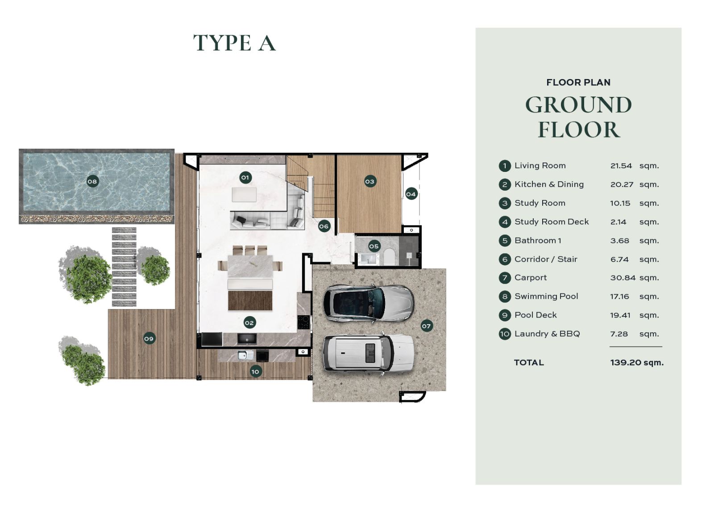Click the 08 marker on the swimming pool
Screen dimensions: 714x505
(92, 182)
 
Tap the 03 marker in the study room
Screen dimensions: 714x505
(370, 182)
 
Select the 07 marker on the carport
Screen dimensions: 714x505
(426, 326)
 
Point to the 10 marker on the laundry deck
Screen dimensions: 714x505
(255, 371)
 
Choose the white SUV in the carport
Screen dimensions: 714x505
(369, 355)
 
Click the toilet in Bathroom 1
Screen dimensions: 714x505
(389, 257)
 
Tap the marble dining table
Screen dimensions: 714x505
(250, 266)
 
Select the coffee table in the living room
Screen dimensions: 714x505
(244, 195)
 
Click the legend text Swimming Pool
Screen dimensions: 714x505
(546, 296)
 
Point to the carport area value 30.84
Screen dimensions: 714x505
(623, 278)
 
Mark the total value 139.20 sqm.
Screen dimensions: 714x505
(636, 363)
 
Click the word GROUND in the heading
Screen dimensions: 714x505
(578, 104)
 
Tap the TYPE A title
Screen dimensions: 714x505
(234, 43)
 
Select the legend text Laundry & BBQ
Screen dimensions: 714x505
(547, 334)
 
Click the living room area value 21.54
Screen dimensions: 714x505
(621, 166)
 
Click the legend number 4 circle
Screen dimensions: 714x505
(505, 222)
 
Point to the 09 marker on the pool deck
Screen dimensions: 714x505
(149, 338)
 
